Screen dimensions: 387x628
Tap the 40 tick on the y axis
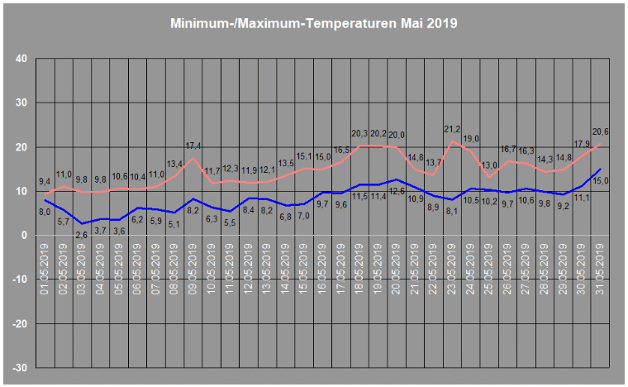pos(21,59)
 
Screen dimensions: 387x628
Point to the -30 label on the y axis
pos(18,367)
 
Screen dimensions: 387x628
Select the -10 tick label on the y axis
pos(18,279)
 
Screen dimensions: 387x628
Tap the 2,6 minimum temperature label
pos(82,235)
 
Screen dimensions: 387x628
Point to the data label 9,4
pos(46,181)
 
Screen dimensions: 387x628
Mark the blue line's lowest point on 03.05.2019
pos(82,223)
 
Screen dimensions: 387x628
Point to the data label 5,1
pos(174,224)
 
